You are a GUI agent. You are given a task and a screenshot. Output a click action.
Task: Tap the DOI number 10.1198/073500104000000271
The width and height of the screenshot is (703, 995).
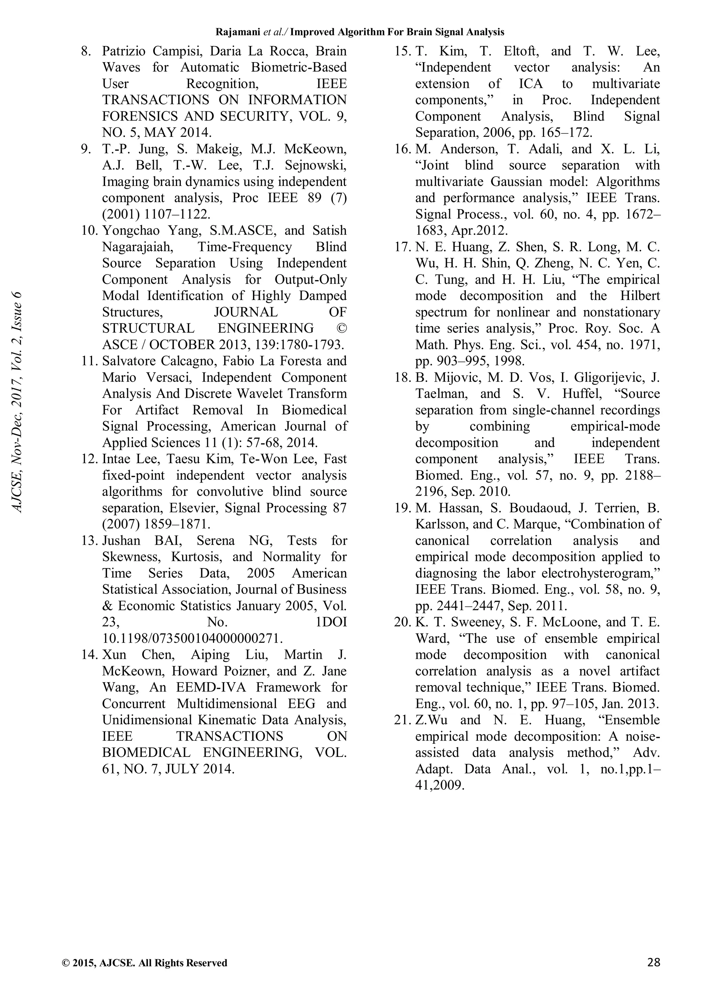tap(193, 638)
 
